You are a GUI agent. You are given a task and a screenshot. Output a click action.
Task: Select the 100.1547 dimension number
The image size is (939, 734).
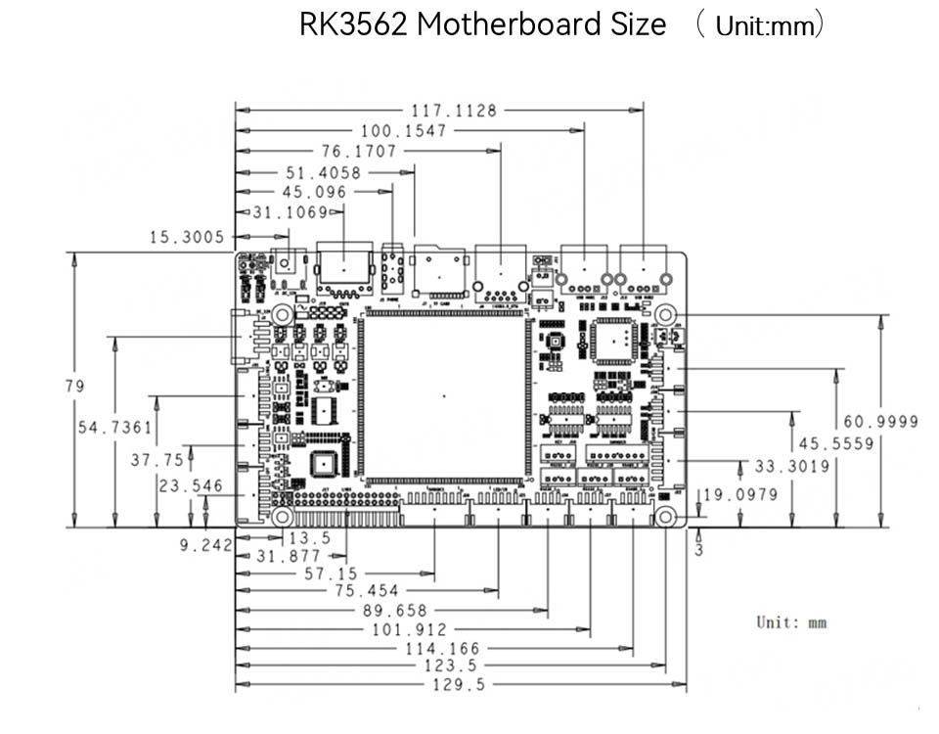[403, 130]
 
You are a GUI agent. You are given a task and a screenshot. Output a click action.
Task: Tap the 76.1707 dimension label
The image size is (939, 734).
[359, 152]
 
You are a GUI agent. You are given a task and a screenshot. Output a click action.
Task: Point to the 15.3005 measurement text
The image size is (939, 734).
[187, 237]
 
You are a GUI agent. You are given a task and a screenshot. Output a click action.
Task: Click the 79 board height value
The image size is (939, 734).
[74, 386]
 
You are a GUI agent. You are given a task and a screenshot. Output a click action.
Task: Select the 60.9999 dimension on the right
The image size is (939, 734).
[881, 422]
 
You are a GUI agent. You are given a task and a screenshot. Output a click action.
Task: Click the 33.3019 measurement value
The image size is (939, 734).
[791, 466]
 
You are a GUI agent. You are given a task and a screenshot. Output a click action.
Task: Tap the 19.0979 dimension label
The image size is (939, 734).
[740, 494]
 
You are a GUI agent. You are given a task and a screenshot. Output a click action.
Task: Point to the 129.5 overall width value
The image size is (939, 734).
[459, 685]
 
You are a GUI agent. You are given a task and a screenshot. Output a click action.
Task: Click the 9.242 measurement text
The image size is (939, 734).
[205, 546]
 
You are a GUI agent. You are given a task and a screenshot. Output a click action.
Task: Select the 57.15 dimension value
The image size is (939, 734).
[332, 573]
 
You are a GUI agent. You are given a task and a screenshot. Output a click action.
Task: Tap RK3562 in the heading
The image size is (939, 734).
[353, 24]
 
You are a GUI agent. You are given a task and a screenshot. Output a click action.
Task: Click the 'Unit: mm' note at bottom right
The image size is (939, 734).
[791, 621]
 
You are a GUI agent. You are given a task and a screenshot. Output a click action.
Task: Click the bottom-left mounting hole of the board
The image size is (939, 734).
[282, 516]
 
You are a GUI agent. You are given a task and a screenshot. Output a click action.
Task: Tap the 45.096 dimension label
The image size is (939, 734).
[313, 192]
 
